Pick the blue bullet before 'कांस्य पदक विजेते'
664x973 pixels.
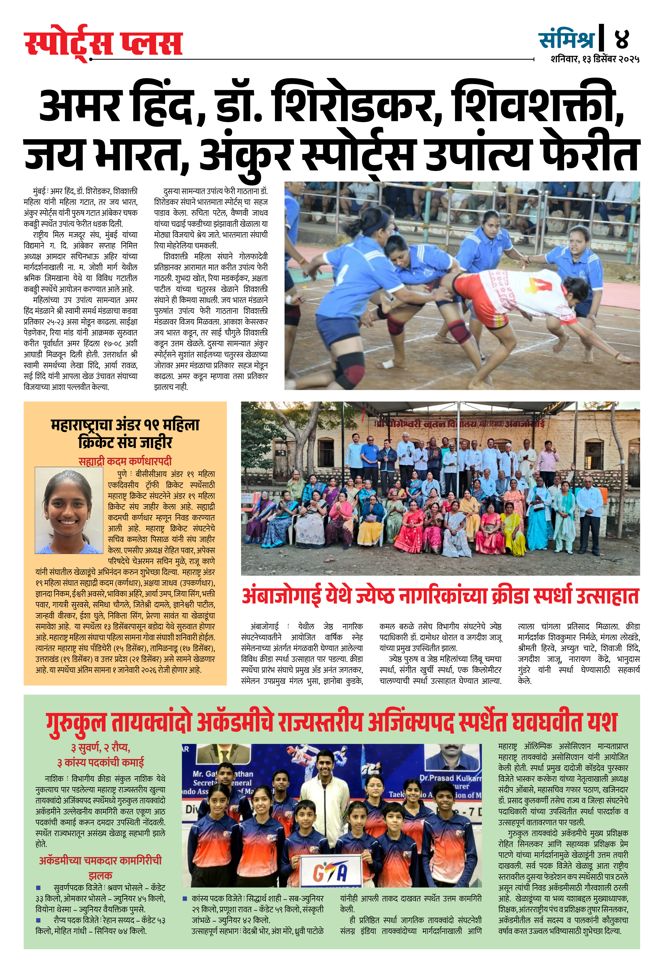(x=185, y=898)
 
